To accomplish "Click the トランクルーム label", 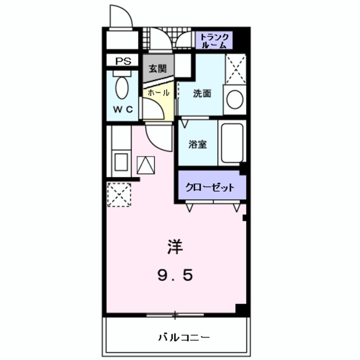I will tap(214, 39).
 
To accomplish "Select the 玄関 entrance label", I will tap(157, 69).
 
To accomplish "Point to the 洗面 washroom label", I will tap(202, 94).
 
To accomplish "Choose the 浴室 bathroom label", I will tap(197, 144).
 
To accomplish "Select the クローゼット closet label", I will tap(210, 187).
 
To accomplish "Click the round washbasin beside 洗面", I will tap(235, 100).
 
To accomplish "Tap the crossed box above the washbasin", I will tap(235, 70).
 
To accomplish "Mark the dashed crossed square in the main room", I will tap(119, 195).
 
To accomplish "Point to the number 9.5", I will tap(175, 275).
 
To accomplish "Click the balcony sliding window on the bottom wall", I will tap(175, 314).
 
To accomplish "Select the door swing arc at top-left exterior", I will tap(120, 16).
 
